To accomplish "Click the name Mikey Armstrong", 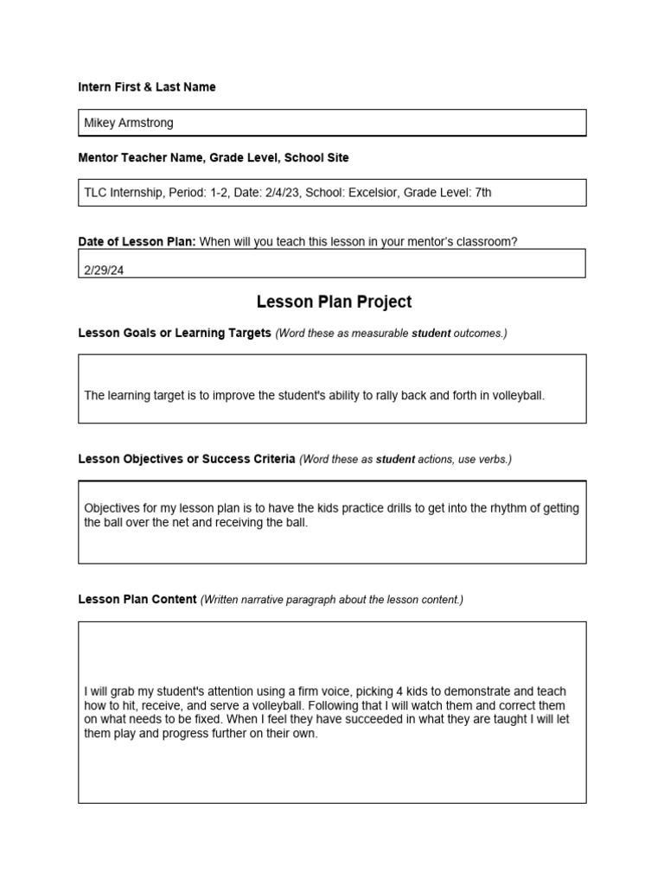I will coord(128,123).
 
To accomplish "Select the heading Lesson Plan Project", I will coord(334,302).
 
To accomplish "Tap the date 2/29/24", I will coord(104,270).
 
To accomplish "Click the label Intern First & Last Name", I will coord(147,87).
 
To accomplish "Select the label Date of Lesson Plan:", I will coord(137,242).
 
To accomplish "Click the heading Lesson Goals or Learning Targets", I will coord(175,334).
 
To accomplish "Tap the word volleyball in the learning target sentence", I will coord(518,396).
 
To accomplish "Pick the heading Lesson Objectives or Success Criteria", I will coord(187,459).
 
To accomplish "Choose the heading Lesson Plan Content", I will coord(137,600).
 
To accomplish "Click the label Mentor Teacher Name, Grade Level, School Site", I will coord(214,158).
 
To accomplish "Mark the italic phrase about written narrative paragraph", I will coord(332,600).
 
